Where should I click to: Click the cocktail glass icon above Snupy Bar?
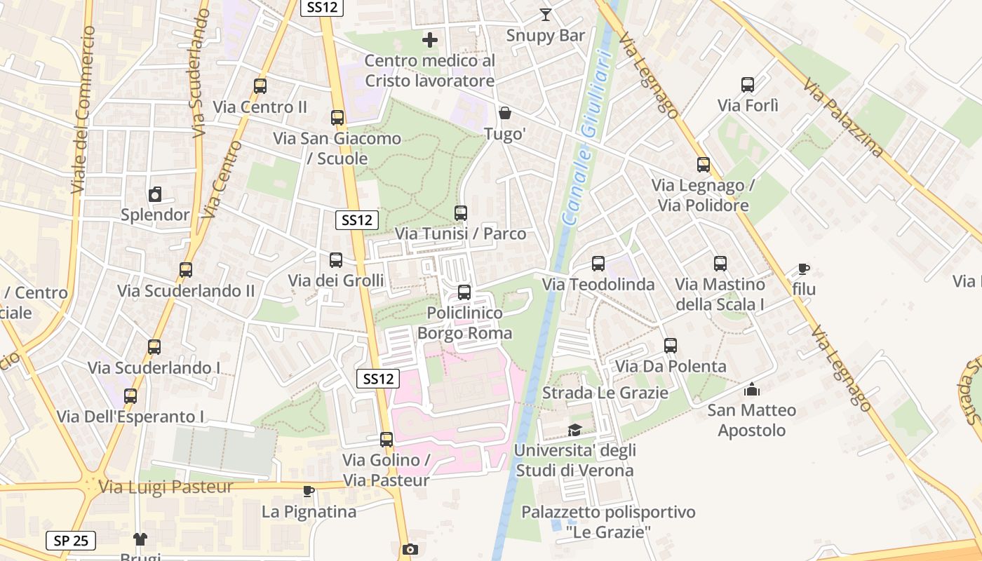click(546, 14)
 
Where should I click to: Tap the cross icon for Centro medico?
click(430, 40)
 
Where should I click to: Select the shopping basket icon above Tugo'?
click(504, 113)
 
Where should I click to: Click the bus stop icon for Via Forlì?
click(748, 85)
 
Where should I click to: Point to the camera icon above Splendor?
click(155, 194)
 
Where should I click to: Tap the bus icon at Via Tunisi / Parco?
click(461, 212)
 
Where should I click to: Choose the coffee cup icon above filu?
click(804, 269)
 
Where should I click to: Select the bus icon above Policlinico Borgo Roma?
click(464, 292)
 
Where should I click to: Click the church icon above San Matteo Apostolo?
click(752, 388)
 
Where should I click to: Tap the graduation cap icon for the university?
click(574, 430)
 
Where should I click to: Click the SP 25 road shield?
click(71, 541)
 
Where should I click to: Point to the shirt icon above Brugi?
click(140, 539)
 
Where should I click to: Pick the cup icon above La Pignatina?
click(309, 491)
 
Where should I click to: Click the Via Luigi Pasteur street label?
click(166, 487)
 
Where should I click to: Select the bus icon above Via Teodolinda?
click(598, 264)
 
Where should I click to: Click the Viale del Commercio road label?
click(83, 110)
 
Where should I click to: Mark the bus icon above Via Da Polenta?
click(671, 346)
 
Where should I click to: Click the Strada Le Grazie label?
click(605, 393)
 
